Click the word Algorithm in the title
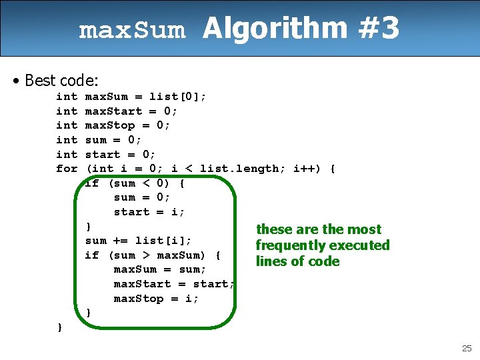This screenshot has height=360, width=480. click(275, 29)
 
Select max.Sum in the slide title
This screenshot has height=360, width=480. click(132, 31)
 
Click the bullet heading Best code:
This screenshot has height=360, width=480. click(61, 81)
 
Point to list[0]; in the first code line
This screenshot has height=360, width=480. click(177, 97)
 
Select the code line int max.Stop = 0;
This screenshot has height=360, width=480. click(113, 125)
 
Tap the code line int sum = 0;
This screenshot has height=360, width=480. click(99, 140)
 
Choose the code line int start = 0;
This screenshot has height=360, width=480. click(106, 154)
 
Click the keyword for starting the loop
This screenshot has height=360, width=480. click(67, 169)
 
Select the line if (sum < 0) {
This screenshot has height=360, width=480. click(135, 183)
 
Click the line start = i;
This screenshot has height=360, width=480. click(149, 212)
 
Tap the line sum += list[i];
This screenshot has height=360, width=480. click(139, 241)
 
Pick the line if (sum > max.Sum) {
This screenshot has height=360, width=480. click(153, 255)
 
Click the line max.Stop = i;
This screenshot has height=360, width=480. click(156, 299)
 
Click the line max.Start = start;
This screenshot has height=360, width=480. click(174, 284)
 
